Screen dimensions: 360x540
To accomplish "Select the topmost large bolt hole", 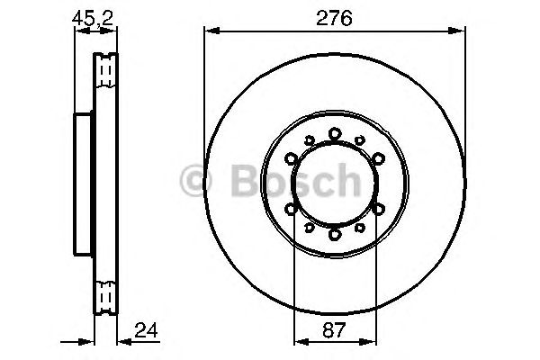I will [x=334, y=133].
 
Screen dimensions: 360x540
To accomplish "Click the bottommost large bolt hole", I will [x=334, y=235].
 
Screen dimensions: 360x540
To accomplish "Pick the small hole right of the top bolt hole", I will [x=360, y=140].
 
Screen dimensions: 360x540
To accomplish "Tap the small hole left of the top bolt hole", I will [x=308, y=140].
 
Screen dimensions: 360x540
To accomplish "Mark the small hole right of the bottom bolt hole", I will [x=360, y=229].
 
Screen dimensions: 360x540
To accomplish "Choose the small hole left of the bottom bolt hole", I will [x=308, y=229].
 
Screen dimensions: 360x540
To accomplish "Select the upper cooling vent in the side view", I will [x=105, y=68].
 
